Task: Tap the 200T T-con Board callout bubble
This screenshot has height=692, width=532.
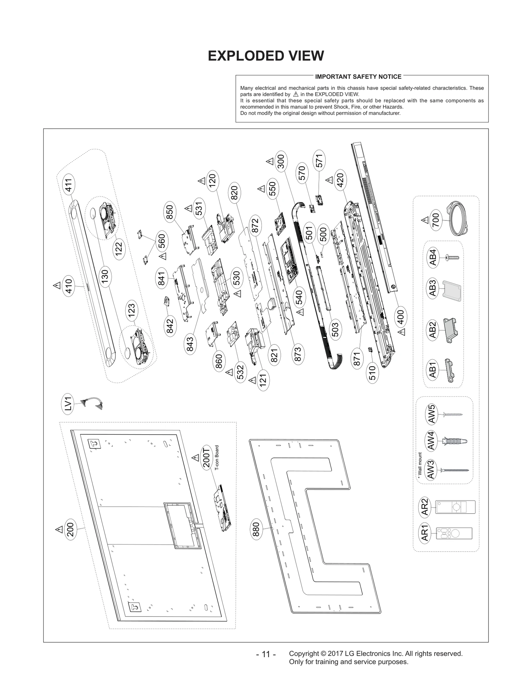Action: pos(206,458)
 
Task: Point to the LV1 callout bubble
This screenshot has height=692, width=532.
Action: pos(68,403)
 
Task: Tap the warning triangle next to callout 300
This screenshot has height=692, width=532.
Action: pos(269,162)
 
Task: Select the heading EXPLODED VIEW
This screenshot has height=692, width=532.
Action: pos(266,56)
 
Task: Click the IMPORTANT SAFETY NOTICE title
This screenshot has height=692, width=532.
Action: pos(358,77)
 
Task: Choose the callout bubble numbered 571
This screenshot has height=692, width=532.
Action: pos(319,161)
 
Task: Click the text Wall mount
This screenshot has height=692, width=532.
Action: pos(420,465)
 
